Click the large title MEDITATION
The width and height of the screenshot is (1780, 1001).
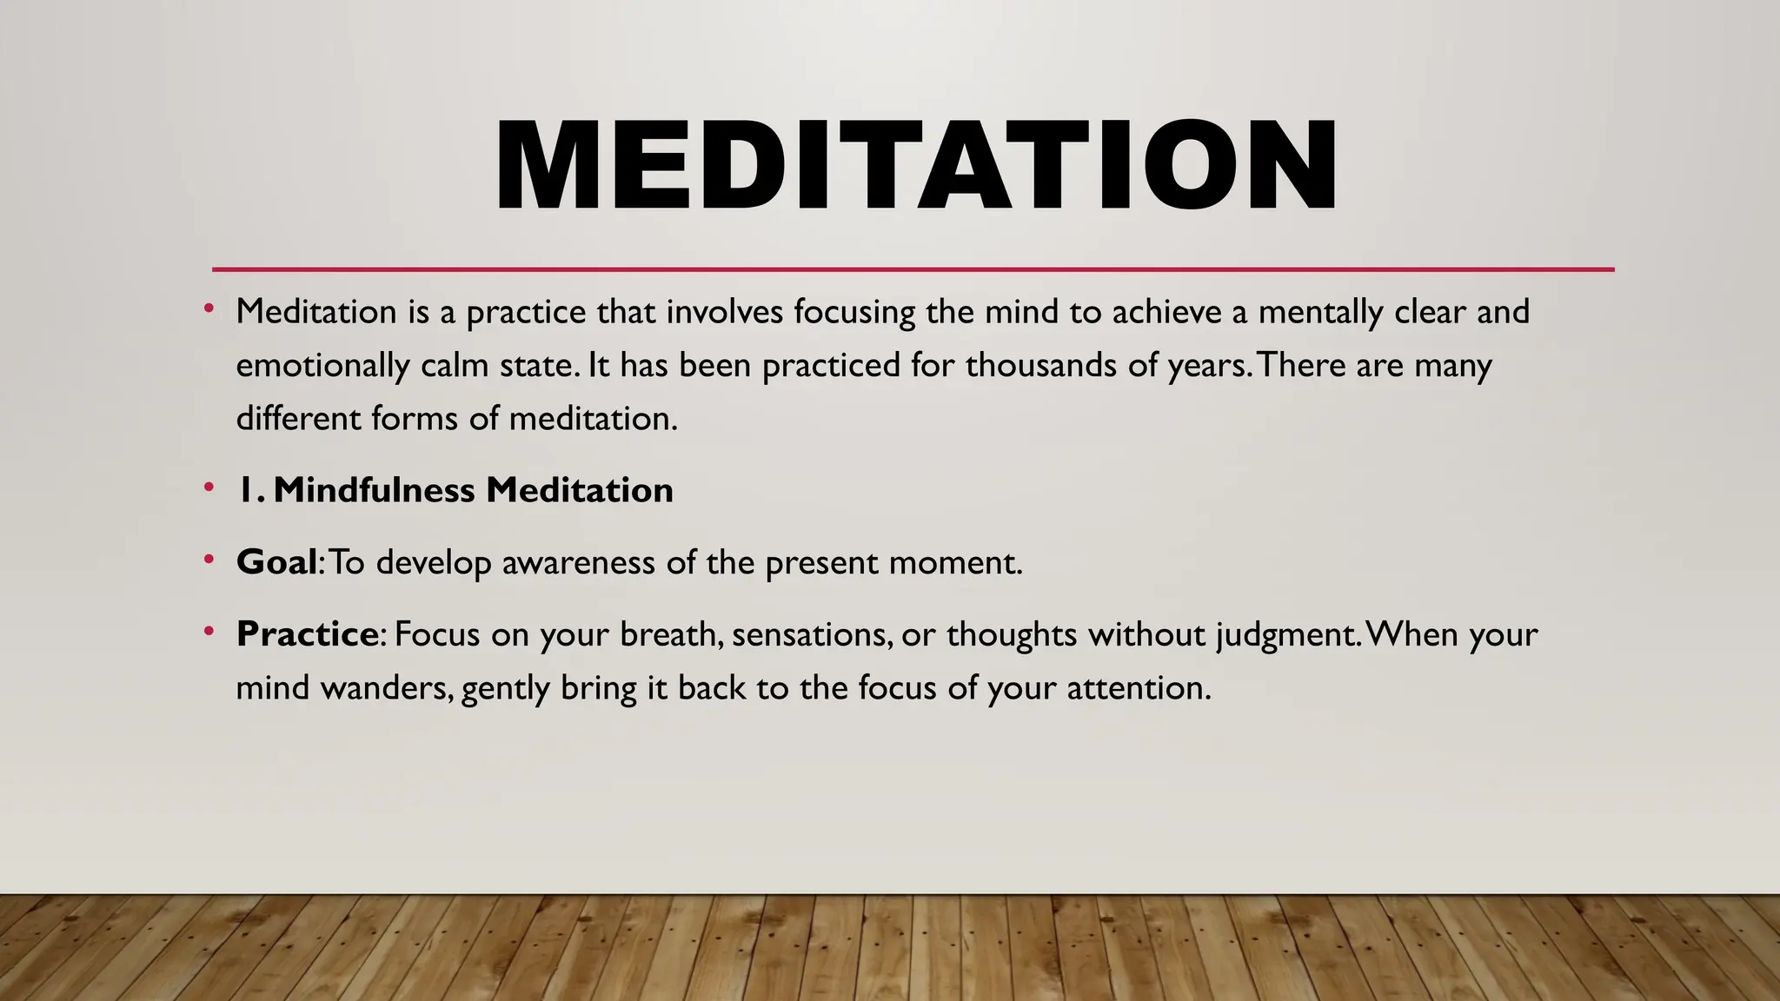(x=916, y=165)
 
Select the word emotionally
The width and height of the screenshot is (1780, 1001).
(x=322, y=366)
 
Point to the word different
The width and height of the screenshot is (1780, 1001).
(x=298, y=419)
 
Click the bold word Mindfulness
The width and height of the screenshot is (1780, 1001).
(x=375, y=490)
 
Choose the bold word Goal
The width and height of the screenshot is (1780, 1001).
(x=276, y=562)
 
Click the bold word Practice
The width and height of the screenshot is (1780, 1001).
(x=307, y=634)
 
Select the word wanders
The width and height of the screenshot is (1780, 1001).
(x=388, y=688)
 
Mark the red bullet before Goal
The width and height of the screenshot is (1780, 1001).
(x=209, y=560)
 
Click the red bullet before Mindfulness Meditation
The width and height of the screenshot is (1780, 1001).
(x=209, y=488)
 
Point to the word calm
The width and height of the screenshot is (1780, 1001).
(x=454, y=366)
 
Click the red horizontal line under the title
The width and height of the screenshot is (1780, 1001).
(x=913, y=269)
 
